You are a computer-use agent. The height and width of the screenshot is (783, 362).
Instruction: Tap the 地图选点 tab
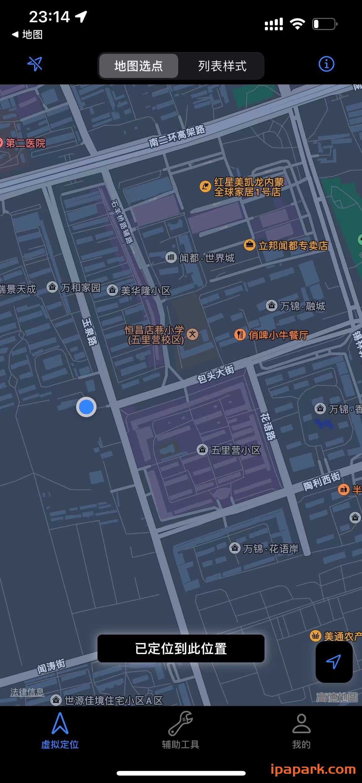pos(138,66)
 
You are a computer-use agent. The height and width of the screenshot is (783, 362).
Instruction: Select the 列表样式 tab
pos(222,66)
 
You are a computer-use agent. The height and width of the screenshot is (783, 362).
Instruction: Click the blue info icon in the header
pos(326,64)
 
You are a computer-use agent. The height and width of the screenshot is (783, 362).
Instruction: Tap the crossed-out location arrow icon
pos(35,64)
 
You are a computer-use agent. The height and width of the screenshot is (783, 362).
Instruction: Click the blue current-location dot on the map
pos(86,407)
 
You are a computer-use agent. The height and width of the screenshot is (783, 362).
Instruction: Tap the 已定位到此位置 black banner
pos(181,648)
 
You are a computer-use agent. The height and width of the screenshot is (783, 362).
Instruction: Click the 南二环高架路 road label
pos(177,136)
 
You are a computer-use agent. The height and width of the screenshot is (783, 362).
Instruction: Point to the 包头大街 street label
pos(216,374)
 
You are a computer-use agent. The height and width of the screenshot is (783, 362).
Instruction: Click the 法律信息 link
pos(27,692)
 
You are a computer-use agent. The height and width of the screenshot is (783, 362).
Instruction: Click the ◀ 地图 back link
pos(27,35)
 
